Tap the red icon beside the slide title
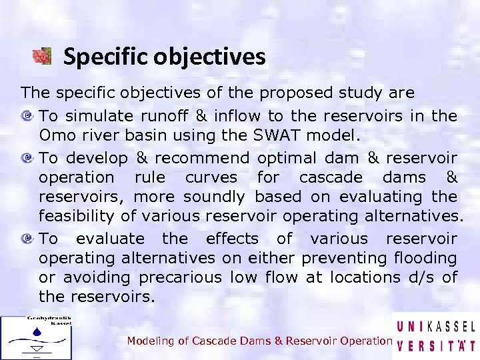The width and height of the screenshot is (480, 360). (43, 56)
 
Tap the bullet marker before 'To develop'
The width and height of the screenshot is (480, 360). (29, 158)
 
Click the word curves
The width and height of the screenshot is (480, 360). (211, 177)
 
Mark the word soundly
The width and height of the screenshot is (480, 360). (214, 197)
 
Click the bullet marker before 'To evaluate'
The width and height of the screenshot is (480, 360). (29, 239)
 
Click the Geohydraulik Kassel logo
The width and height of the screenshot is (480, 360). (36, 337)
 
